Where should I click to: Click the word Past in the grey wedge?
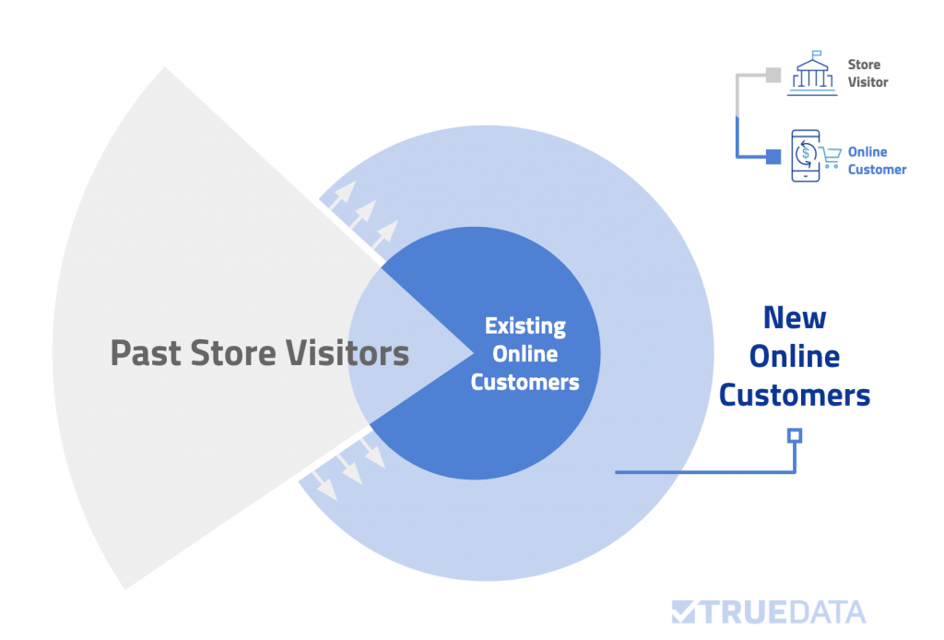(146, 353)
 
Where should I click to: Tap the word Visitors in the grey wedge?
(348, 353)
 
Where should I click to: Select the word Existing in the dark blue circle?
(525, 326)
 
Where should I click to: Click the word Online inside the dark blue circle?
(525, 354)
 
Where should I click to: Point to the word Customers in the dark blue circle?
(525, 383)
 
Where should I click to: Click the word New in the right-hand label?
(795, 318)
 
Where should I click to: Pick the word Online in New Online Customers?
(795, 356)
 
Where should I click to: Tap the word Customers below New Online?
(795, 396)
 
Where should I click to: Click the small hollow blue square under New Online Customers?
(795, 435)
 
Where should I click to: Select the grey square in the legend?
(773, 76)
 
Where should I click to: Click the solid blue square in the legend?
(773, 157)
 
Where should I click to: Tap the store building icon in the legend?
(813, 74)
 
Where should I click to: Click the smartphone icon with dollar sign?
(806, 155)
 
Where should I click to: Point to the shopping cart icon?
(831, 157)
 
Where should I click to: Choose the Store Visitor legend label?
(868, 73)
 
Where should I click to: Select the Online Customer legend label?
(878, 160)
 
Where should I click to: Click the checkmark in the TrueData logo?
(684, 611)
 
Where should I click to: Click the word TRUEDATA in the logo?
(784, 612)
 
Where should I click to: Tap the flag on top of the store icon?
(817, 53)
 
